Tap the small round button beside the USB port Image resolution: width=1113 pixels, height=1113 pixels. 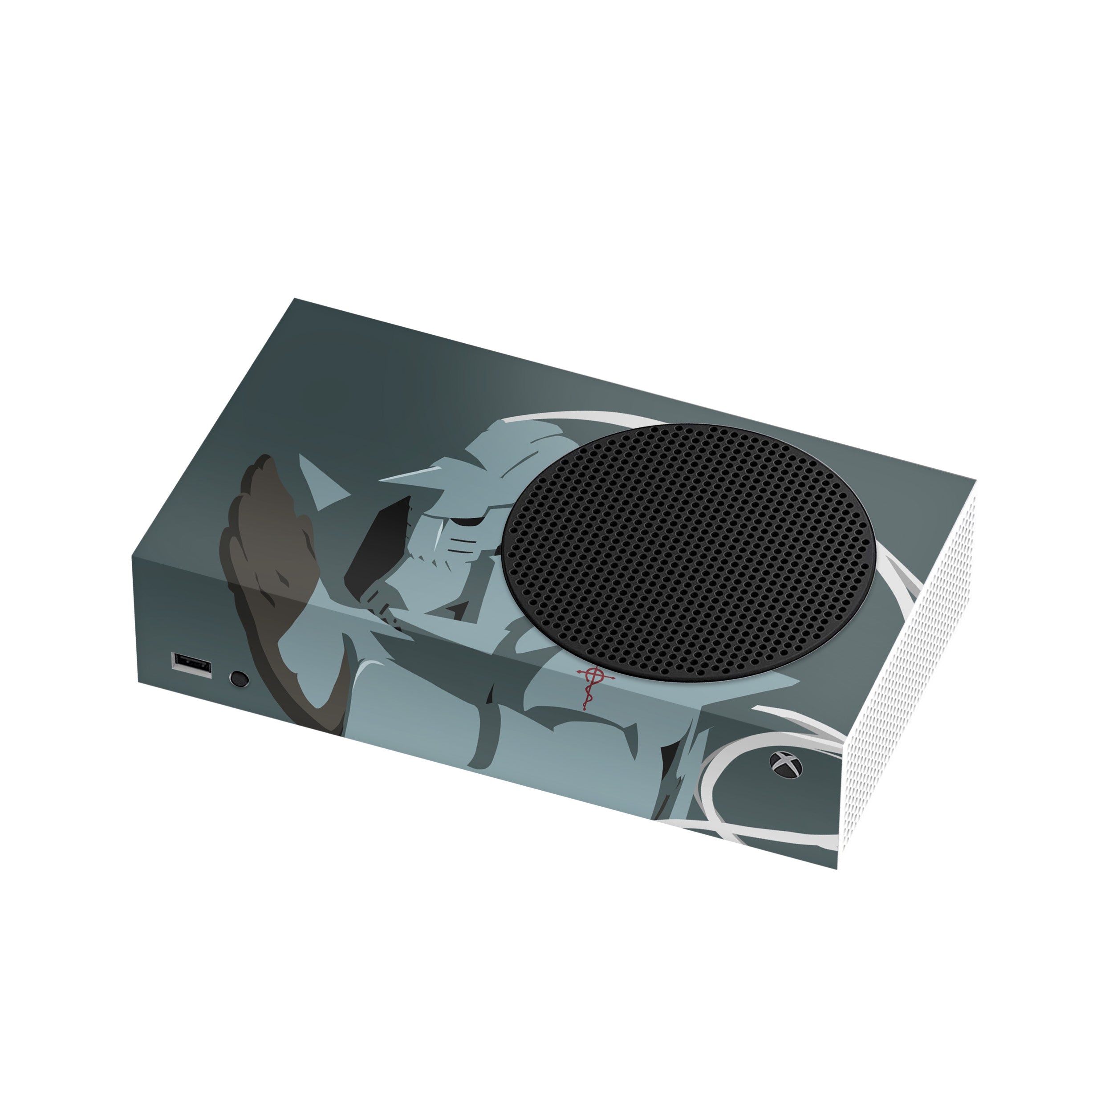(x=239, y=678)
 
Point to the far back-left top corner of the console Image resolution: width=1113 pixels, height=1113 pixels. (x=295, y=299)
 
